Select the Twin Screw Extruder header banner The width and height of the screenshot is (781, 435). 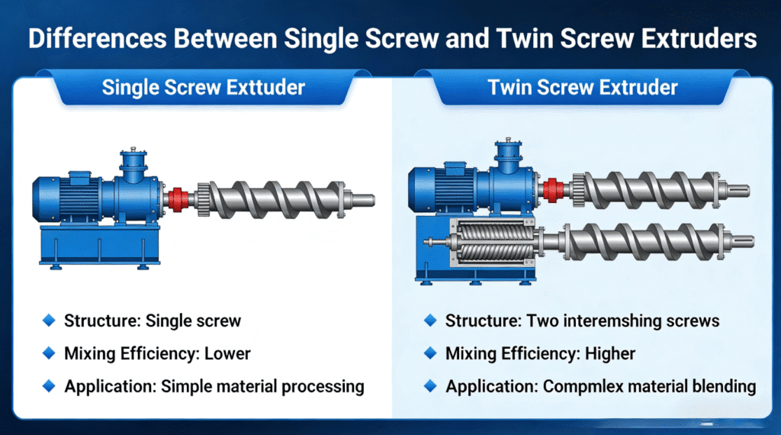click(583, 86)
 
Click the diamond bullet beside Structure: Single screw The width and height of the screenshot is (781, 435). click(50, 321)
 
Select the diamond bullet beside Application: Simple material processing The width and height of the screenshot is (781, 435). click(50, 386)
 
